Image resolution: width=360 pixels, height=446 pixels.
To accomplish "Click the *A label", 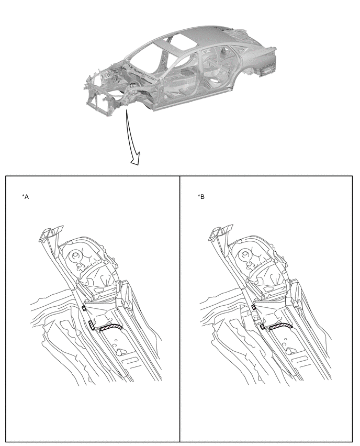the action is coord(25,197).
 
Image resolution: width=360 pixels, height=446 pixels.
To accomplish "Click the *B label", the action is coord(201,197).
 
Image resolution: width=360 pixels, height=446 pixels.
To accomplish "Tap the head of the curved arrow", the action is coord(136,159).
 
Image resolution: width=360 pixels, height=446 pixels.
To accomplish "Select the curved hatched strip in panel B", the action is coord(281,327).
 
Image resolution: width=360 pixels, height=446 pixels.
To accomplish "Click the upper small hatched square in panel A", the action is coord(84,308).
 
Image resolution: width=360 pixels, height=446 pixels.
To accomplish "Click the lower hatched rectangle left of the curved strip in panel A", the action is coord(91,325).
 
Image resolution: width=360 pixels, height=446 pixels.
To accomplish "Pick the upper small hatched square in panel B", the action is coord(253,307).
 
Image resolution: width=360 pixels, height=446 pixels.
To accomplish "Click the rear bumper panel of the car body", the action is coord(267,65).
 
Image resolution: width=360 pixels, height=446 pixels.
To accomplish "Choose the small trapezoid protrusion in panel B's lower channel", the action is coord(291,350).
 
